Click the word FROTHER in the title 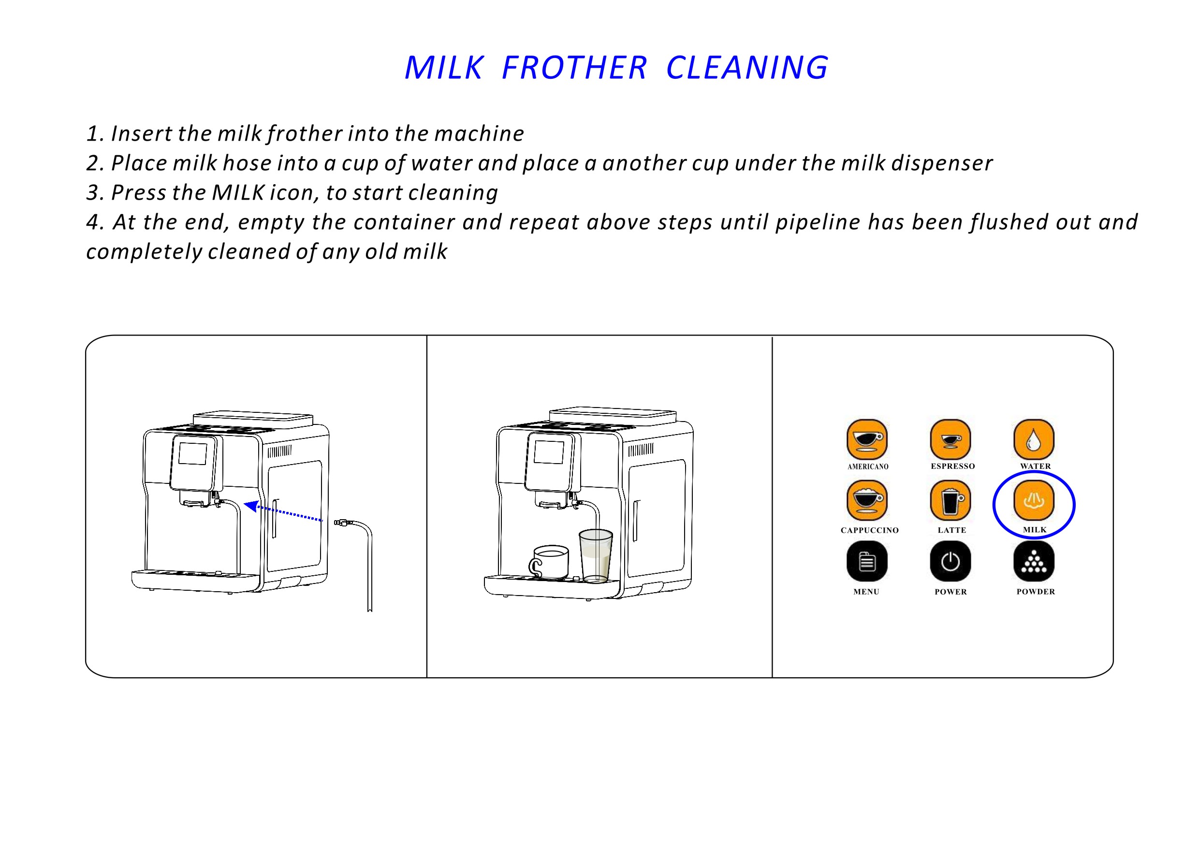pyautogui.click(x=574, y=68)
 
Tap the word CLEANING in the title pyautogui.click(x=747, y=68)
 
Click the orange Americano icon pyautogui.click(x=867, y=439)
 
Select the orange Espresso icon pyautogui.click(x=950, y=439)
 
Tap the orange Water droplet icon pyautogui.click(x=1034, y=439)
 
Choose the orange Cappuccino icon pyautogui.click(x=867, y=500)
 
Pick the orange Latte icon pyautogui.click(x=950, y=500)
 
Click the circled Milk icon pyautogui.click(x=1034, y=500)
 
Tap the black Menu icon pyautogui.click(x=867, y=561)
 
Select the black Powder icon pyautogui.click(x=1034, y=561)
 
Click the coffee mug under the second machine pyautogui.click(x=549, y=563)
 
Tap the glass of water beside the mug pyautogui.click(x=596, y=555)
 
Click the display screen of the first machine pyautogui.click(x=193, y=454)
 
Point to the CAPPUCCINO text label pyautogui.click(x=869, y=530)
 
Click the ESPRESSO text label pyautogui.click(x=952, y=466)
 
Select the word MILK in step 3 pyautogui.click(x=239, y=193)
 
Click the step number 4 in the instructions pyautogui.click(x=92, y=222)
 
